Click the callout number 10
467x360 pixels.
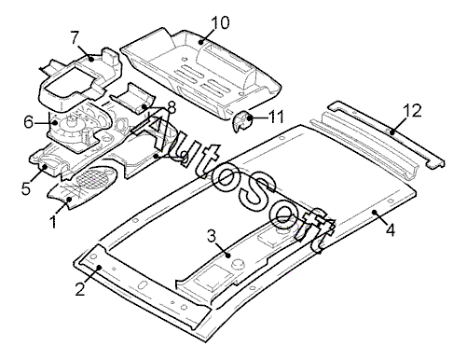tap(220, 22)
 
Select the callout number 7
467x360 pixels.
tap(76, 38)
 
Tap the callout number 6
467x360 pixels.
tap(29, 122)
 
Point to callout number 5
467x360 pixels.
tap(26, 188)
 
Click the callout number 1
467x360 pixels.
tap(53, 222)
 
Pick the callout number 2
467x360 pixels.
tap(80, 289)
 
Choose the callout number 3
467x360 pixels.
tap(212, 237)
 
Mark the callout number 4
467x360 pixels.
tap(391, 230)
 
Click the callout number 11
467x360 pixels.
tap(276, 117)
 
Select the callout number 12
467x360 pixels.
tap(412, 111)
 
